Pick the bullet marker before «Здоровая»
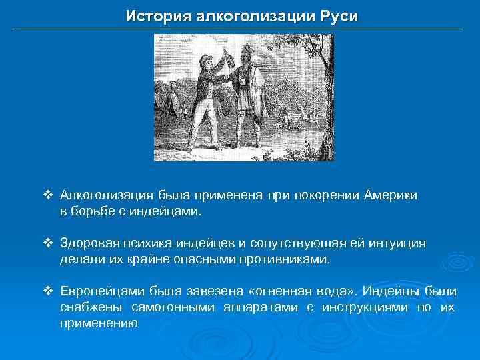(47, 244)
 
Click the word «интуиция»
(391, 244)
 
